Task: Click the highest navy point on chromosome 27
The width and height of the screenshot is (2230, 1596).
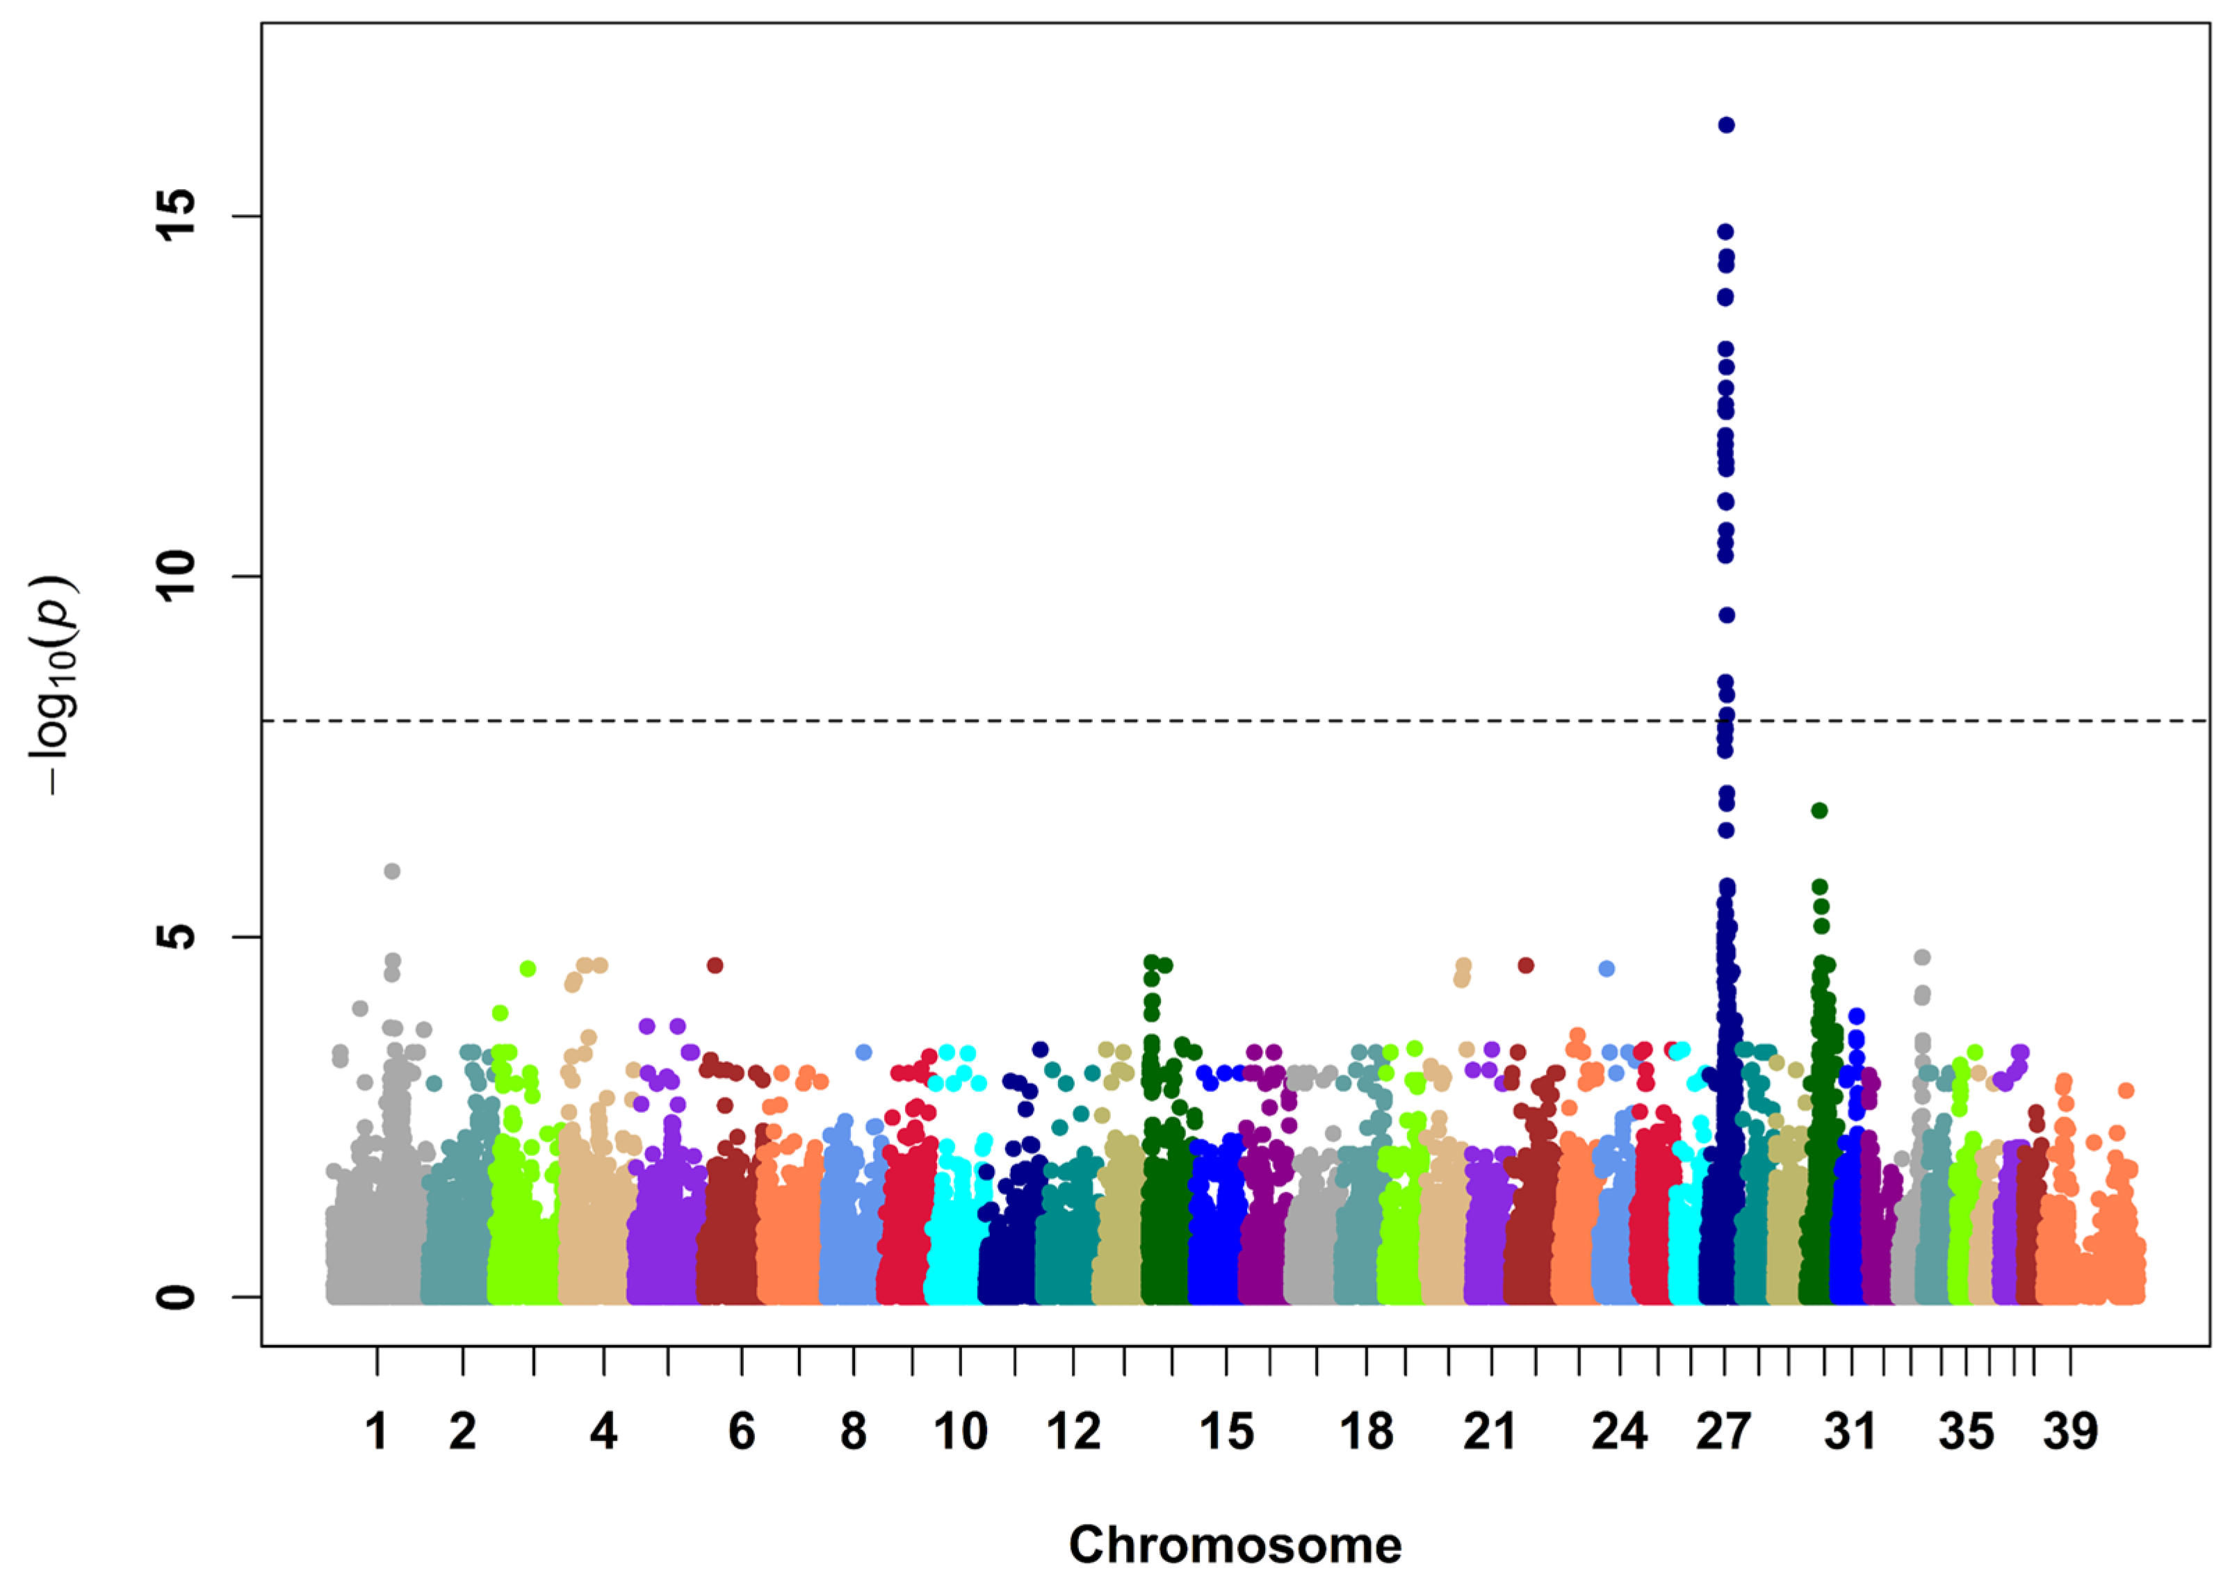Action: (x=1726, y=125)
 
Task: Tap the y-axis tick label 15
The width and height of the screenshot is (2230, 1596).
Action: (x=177, y=216)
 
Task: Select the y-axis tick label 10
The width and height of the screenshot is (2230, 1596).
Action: (x=177, y=576)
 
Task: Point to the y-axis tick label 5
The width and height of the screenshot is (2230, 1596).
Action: (x=177, y=936)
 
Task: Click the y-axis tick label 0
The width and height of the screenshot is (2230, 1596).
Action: (x=177, y=1296)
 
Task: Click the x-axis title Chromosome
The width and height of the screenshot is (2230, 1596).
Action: (x=1235, y=1545)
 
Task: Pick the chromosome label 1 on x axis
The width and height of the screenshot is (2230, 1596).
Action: (x=377, y=1432)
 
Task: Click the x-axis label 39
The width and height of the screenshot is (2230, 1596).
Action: (x=2070, y=1432)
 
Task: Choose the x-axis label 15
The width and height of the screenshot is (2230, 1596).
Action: (x=1226, y=1432)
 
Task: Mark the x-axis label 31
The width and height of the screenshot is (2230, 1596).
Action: (x=1850, y=1432)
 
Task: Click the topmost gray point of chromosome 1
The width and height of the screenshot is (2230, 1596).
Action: (x=392, y=871)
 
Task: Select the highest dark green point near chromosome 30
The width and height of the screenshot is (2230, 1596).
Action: (x=1819, y=811)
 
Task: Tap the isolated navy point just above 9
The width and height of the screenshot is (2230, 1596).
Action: (x=1726, y=615)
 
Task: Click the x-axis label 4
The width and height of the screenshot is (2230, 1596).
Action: (x=603, y=1432)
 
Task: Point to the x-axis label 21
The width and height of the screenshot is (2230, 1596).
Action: (x=1490, y=1432)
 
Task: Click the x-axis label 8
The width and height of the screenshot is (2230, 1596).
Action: (x=853, y=1432)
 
